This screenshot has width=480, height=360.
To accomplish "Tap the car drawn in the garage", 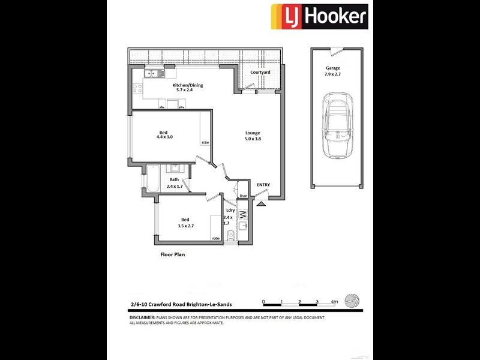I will click(338, 126).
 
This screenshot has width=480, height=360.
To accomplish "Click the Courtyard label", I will click(260, 72).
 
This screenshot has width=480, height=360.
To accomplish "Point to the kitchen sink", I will click(153, 74).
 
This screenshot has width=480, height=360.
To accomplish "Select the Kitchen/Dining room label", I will click(187, 88).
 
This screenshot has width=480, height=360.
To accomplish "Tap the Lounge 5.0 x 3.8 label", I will click(252, 136).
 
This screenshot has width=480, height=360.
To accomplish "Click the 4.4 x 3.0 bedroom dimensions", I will click(163, 137).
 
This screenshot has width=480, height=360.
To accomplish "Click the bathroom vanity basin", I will click(175, 169).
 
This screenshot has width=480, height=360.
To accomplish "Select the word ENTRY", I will click(263, 185).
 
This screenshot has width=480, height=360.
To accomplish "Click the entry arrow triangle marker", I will click(262, 204).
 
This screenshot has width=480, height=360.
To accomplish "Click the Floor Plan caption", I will click(172, 254).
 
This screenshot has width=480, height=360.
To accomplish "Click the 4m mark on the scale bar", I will click(334, 302).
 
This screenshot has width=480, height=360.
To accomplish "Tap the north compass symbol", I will click(354, 301).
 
